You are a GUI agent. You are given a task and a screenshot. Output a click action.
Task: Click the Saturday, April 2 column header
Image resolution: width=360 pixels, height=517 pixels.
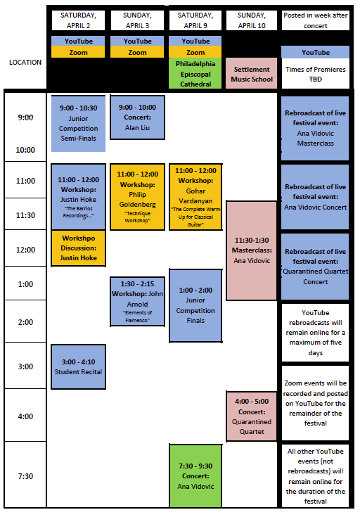click(78, 20)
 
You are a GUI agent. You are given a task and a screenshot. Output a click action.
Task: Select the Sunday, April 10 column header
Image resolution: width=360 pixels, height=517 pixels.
click(252, 20)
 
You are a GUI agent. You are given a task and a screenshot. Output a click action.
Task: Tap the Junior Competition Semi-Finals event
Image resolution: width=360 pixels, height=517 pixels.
click(78, 123)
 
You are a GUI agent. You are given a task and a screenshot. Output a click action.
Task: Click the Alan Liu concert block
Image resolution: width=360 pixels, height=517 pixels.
click(137, 117)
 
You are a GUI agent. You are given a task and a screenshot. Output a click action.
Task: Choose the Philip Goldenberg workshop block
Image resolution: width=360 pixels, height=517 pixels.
click(137, 197)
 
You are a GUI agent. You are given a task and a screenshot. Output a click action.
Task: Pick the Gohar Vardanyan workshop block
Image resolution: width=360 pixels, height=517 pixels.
click(195, 197)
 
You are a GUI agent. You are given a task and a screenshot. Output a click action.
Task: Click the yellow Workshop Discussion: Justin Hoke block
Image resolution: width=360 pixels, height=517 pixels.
click(78, 248)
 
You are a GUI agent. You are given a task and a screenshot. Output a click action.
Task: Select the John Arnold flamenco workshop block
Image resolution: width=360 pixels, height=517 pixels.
click(137, 302)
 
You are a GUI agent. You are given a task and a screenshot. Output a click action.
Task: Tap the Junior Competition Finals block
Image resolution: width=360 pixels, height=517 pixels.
click(195, 306)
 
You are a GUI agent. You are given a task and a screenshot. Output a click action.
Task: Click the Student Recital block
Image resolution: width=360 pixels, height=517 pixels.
click(78, 366)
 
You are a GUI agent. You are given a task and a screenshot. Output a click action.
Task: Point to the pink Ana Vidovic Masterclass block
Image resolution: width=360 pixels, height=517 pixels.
click(252, 250)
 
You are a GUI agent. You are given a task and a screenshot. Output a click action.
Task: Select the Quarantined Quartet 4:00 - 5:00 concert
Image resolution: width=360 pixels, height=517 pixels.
click(252, 416)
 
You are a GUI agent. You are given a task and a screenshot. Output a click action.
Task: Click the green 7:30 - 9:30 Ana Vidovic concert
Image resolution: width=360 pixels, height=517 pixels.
click(195, 475)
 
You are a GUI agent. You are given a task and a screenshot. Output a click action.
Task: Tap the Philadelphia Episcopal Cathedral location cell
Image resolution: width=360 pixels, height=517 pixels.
click(195, 74)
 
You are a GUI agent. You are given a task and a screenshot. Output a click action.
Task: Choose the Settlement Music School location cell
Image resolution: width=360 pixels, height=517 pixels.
click(252, 74)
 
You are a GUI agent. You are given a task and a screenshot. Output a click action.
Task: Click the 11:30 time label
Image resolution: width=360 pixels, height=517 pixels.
click(25, 215)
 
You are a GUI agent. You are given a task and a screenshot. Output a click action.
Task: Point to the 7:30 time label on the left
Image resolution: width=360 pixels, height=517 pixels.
click(25, 476)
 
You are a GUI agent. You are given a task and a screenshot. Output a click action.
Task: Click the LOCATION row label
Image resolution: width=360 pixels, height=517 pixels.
click(25, 63)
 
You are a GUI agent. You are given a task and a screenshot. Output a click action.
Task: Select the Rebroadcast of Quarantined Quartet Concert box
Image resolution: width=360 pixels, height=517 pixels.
click(315, 267)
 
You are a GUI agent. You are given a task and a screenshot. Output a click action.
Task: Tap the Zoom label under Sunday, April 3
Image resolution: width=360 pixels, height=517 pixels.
click(137, 53)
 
